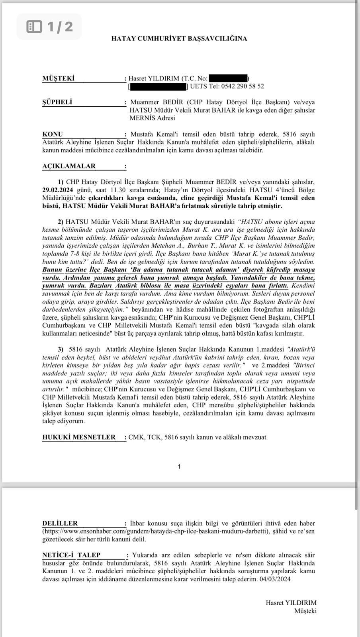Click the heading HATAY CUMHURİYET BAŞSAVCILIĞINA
click(179, 39)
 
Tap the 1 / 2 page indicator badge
click(50, 27)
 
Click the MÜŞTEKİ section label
click(58, 78)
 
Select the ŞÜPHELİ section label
click(57, 102)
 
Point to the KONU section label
click(53, 134)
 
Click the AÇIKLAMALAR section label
click(69, 166)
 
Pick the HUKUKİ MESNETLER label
click(79, 437)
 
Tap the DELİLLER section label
click(60, 523)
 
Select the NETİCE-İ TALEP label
click(71, 555)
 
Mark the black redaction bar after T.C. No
click(228, 78)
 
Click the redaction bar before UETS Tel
click(158, 86)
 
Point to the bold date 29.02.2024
click(58, 190)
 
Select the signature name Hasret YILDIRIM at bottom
click(291, 603)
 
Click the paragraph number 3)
click(61, 349)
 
